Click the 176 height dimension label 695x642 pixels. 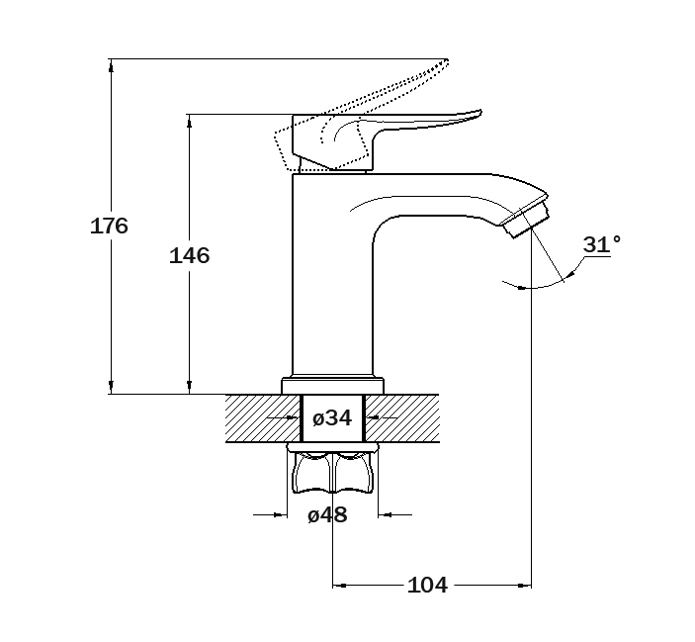click(109, 226)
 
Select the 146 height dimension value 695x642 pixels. click(189, 256)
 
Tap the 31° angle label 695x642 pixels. click(601, 244)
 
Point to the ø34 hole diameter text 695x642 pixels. click(332, 418)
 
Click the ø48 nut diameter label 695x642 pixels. click(327, 514)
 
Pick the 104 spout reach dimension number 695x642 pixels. click(427, 585)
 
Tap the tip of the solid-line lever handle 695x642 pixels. click(480, 111)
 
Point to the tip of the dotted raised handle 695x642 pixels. click(447, 60)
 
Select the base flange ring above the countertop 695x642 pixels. click(332, 385)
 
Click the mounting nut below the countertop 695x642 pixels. click(332, 469)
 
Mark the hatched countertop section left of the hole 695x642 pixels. click(263, 418)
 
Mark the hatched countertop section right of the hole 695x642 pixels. click(402, 418)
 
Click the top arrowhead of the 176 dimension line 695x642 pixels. click(111, 64)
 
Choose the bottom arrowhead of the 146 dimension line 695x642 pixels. click(189, 388)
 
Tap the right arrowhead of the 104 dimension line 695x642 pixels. click(525, 586)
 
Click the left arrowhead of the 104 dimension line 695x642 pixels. click(339, 586)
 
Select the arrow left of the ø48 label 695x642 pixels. click(270, 514)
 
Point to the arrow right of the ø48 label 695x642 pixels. click(394, 514)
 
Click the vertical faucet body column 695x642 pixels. click(332, 275)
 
